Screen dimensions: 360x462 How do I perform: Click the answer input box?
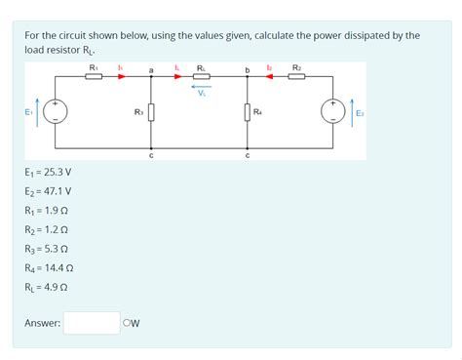click(92, 322)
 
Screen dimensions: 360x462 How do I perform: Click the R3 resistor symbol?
click(151, 114)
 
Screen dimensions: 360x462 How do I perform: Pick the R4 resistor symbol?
click(248, 114)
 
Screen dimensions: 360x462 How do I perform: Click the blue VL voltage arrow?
click(201, 88)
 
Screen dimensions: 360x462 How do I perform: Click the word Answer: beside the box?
click(43, 322)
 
